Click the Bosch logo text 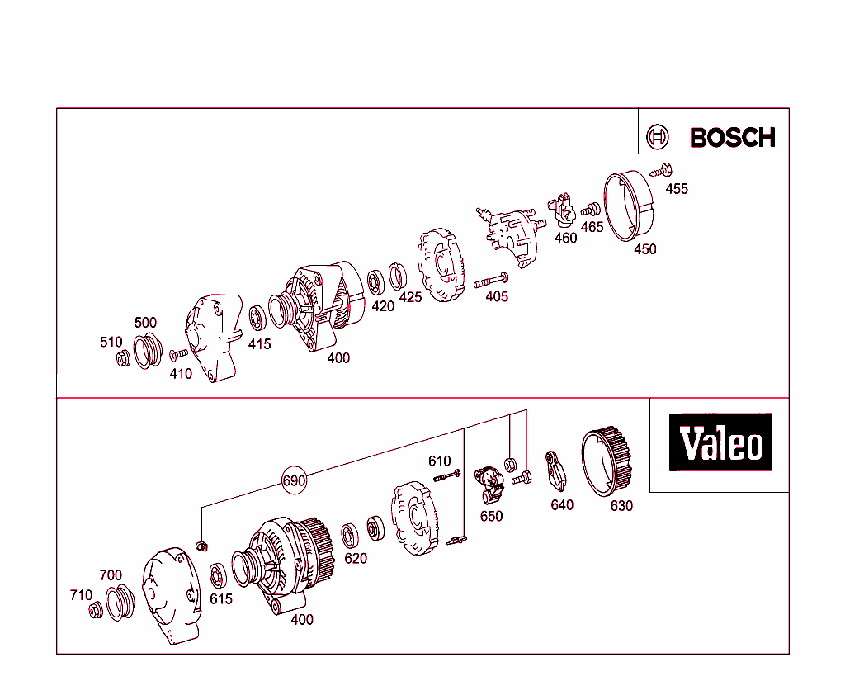(732, 137)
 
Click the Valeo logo (720, 443)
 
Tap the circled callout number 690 (295, 480)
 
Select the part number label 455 (677, 189)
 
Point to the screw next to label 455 (659, 172)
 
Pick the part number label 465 (592, 227)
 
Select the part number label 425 (410, 297)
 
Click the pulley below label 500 (146, 351)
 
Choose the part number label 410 (181, 373)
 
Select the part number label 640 (562, 504)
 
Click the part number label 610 (439, 461)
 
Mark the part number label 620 (356, 558)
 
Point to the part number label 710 (81, 594)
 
